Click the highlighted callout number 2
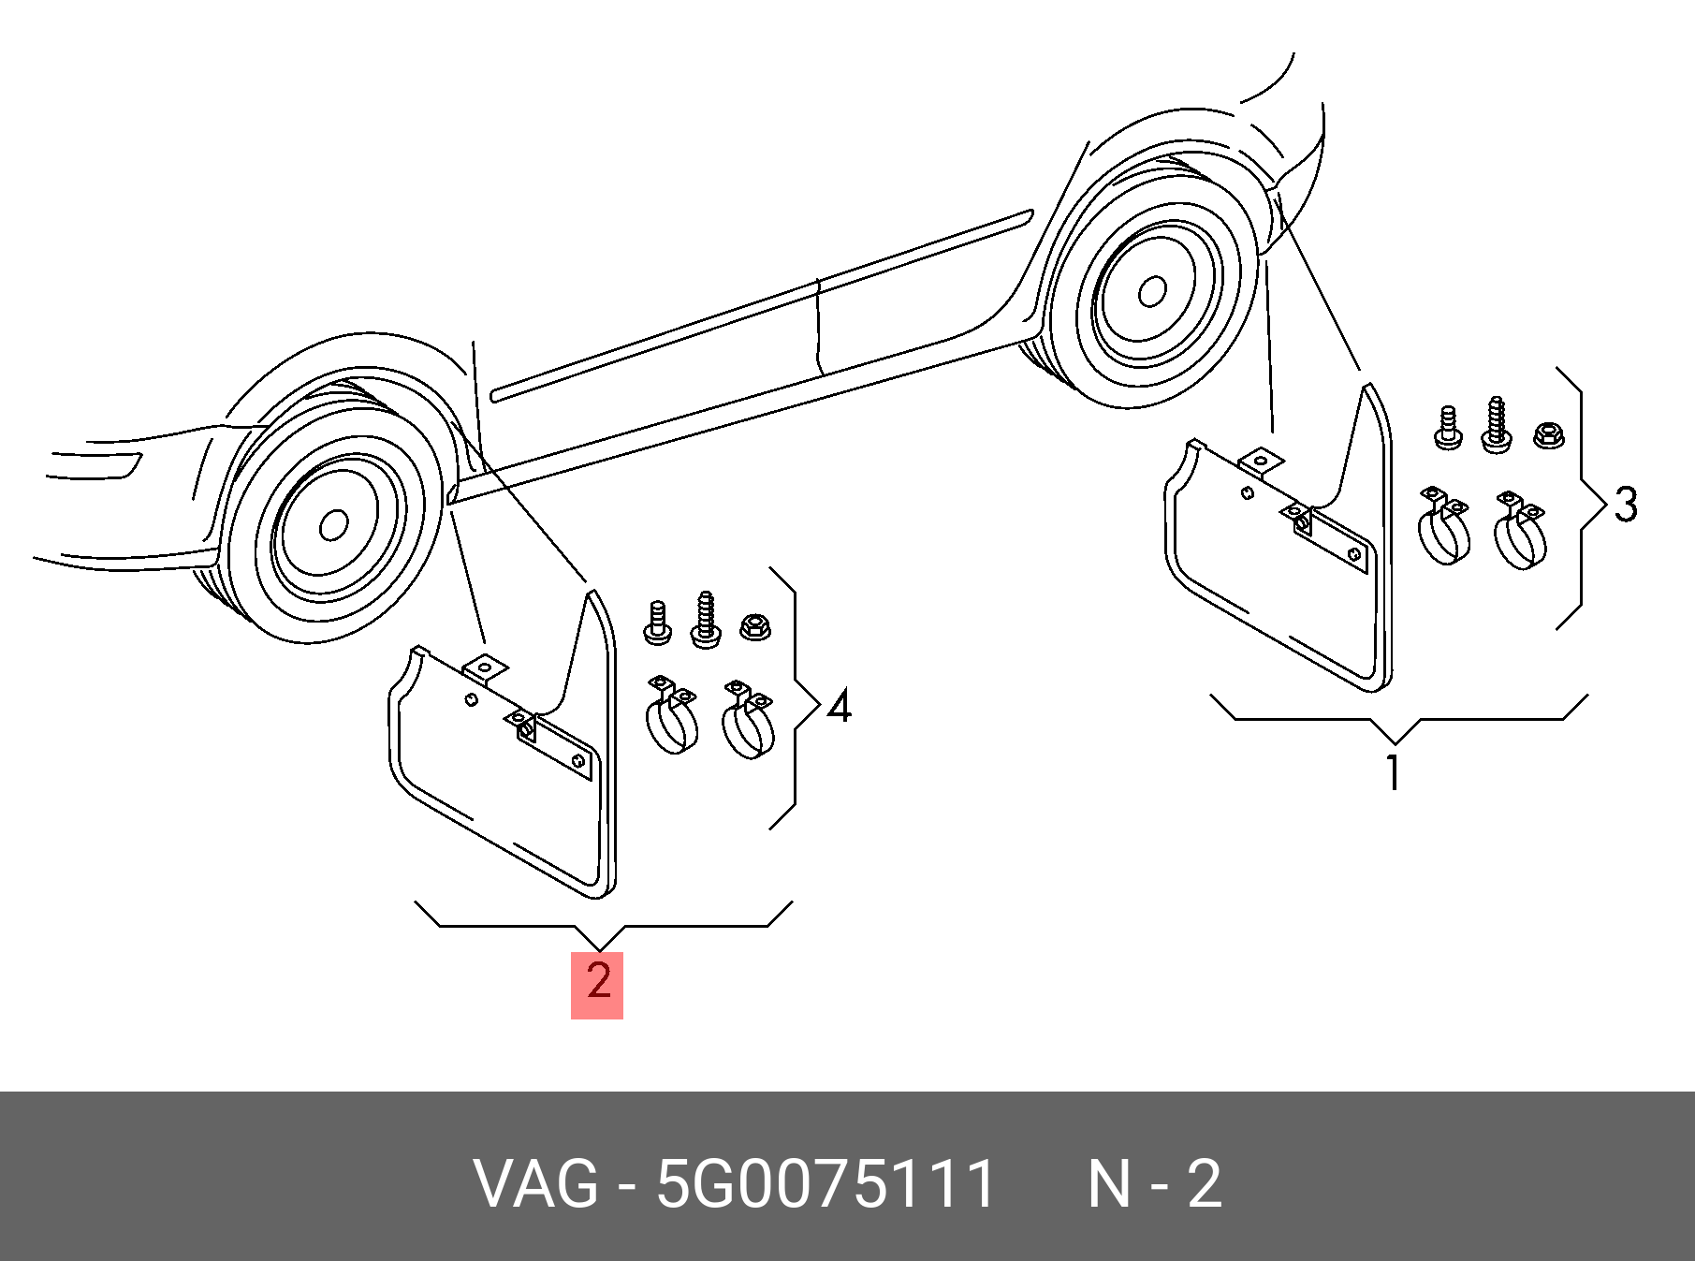point(597,983)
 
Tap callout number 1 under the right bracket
point(1394,772)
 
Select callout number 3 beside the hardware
point(1625,505)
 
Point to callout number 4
point(839,706)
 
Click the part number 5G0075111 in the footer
point(826,1184)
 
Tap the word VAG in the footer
point(535,1184)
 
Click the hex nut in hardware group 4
point(753,626)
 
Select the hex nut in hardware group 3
point(1548,434)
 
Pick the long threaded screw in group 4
point(706,619)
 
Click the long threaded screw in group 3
point(1496,426)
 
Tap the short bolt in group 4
point(657,623)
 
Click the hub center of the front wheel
point(333,525)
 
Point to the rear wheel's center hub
point(1151,292)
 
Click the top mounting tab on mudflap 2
point(485,667)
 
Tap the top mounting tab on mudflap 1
point(1261,462)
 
